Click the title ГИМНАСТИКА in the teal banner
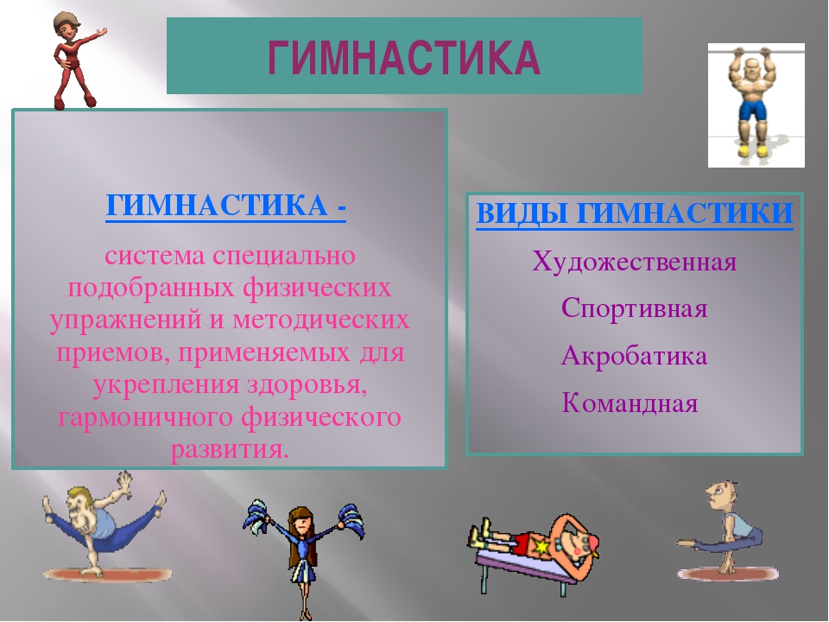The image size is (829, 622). click(x=404, y=58)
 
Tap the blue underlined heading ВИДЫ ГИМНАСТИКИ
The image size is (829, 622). click(x=635, y=213)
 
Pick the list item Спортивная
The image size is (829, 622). click(x=634, y=308)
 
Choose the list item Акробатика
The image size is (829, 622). click(x=634, y=355)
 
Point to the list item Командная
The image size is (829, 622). click(x=630, y=403)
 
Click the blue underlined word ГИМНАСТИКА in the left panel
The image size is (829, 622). click(x=217, y=206)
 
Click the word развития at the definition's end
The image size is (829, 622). click(x=230, y=450)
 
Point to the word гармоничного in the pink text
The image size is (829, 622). click(x=146, y=418)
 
